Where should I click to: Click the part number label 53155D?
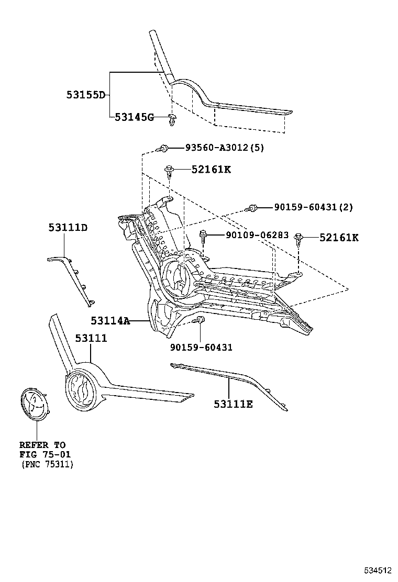85,95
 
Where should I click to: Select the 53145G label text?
134,117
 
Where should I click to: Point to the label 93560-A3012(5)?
224,148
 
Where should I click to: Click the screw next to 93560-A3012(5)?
164,149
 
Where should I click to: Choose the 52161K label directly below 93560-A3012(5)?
211,170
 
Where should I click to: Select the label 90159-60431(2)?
313,207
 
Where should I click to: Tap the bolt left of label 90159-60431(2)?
252,208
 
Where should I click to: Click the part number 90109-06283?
257,236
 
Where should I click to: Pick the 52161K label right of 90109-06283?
339,238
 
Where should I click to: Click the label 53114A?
109,320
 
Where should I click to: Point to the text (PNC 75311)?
47,464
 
